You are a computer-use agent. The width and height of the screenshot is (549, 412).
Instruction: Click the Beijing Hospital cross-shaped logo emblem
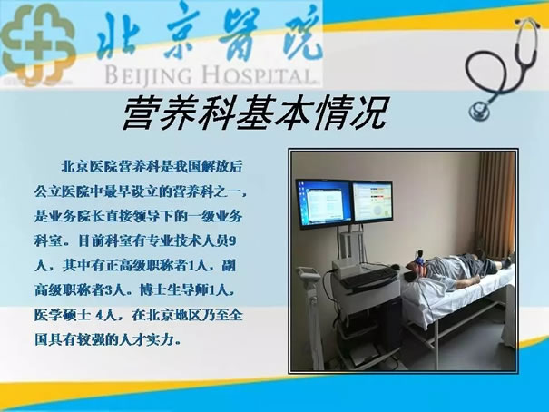coord(38,44)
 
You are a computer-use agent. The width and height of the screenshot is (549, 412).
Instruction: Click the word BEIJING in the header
coord(149,75)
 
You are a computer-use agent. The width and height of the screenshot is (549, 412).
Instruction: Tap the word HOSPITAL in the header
coord(259,75)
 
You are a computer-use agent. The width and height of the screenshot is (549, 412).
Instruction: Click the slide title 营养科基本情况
coord(256,113)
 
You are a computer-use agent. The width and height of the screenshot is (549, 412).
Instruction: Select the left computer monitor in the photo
coord(324,203)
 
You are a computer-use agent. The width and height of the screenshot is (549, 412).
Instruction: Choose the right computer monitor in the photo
coord(372,202)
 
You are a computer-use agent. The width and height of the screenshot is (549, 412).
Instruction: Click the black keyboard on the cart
coord(368,277)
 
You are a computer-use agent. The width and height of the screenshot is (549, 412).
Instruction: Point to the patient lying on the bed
coord(462,270)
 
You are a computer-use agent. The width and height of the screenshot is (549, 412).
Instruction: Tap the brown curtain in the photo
coord(495,207)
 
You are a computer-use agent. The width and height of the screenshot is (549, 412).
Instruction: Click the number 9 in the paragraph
coord(232,241)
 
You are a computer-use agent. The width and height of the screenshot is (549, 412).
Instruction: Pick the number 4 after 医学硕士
coord(99,316)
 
